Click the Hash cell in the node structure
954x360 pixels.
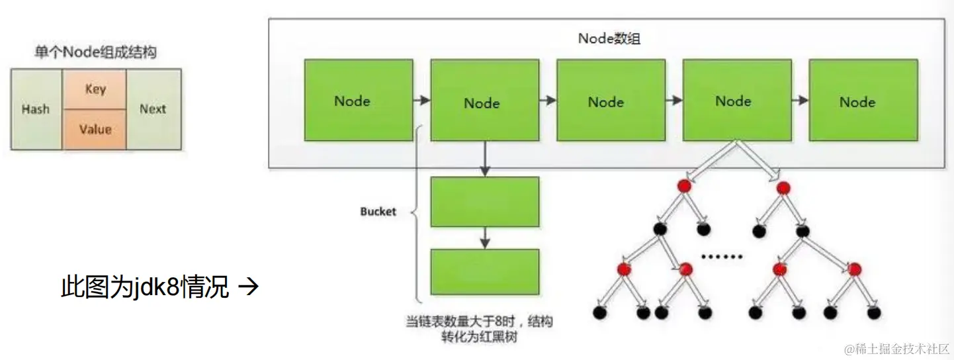pos(36,109)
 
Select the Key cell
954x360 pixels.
pos(95,89)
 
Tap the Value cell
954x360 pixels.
pos(95,129)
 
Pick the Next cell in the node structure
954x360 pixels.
pos(152,109)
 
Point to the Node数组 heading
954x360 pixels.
pos(609,38)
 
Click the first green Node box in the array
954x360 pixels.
pos(358,100)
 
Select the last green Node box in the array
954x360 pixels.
pos(863,100)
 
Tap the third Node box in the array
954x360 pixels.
pos(611,100)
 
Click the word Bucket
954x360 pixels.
pos(378,212)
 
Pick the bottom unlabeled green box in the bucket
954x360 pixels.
pos(484,272)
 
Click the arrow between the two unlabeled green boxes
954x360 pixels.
pos(484,237)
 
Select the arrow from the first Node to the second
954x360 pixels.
pos(421,101)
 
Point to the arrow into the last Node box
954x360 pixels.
pos(800,101)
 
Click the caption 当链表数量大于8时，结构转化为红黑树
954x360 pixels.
pos(479,330)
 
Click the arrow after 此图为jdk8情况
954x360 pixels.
pos(247,288)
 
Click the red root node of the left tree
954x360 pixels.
pos(683,187)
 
